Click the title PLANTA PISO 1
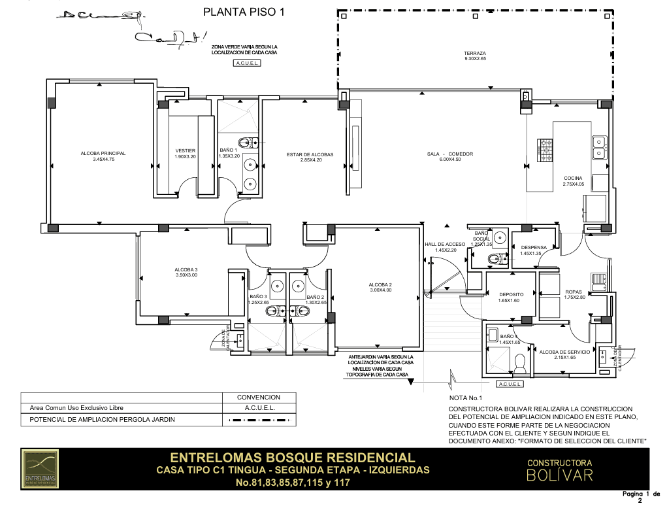pyautogui.click(x=244, y=11)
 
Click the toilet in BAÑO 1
pyautogui.click(x=247, y=142)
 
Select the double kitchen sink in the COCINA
pyautogui.click(x=599, y=148)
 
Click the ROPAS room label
pyautogui.click(x=573, y=294)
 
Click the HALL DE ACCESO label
pyautogui.click(x=446, y=246)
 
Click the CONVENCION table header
pyautogui.click(x=258, y=397)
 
